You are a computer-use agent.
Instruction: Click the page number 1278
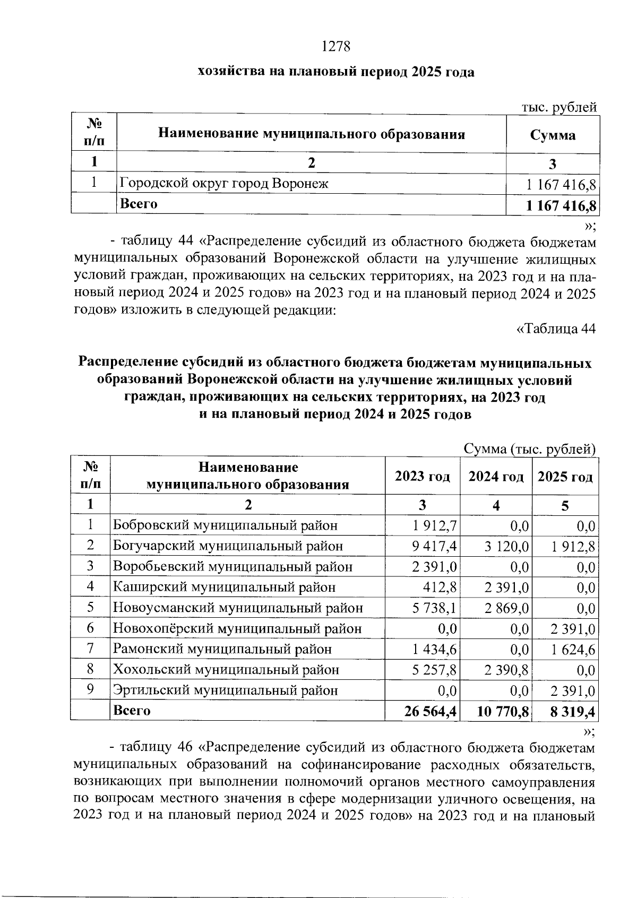pos(336,47)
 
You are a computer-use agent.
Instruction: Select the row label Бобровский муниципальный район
pos(225,525)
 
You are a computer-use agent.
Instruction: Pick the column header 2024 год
pos(496,477)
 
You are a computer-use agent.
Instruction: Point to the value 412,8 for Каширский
pos(442,588)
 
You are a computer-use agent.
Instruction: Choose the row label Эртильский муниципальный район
pos(225,690)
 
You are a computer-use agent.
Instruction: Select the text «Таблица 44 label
pos(556,329)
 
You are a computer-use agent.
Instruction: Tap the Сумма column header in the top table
pos(553,135)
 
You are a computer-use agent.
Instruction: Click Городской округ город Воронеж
pos(224,184)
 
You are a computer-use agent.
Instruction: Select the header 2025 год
pos(565,477)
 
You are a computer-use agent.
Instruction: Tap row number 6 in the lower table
pos(90,628)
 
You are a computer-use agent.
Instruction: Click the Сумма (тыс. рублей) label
pos(529,449)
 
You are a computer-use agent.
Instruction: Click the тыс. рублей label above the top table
pos(559,107)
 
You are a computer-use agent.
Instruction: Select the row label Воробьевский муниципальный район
pos(233,567)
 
